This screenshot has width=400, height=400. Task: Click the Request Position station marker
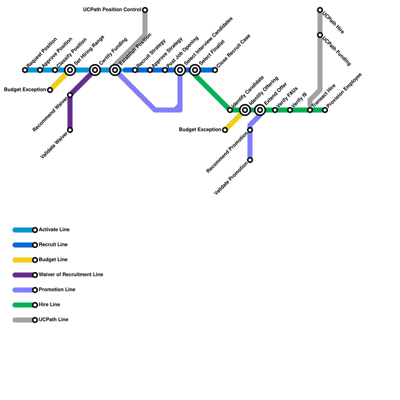coord(25,70)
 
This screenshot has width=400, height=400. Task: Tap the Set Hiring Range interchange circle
coord(70,70)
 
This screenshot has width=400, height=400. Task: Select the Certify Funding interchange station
coord(95,70)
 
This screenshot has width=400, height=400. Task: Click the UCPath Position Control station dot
coord(145,10)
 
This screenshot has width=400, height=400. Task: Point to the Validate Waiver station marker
coord(70,130)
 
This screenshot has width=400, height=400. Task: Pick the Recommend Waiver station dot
coord(70,95)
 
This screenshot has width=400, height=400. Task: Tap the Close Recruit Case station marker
coord(215,70)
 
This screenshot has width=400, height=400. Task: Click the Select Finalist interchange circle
coord(195,70)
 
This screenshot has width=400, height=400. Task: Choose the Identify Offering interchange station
coord(245,110)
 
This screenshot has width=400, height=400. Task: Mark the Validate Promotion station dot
coord(250,160)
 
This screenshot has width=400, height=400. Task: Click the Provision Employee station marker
coord(325,110)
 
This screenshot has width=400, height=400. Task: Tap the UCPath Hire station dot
coord(320,10)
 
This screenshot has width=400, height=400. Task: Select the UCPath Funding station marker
coord(320,35)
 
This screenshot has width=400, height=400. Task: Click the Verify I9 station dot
coord(290,110)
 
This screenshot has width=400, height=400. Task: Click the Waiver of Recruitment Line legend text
coord(71,275)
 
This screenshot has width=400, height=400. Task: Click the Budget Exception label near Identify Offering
coord(200,130)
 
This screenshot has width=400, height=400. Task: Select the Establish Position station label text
coord(135,49)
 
